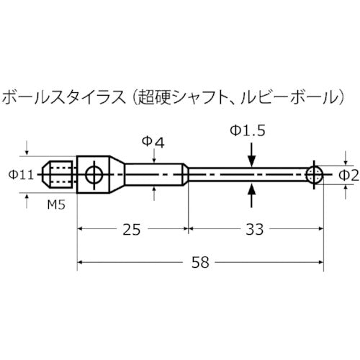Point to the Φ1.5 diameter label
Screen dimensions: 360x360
[247, 130]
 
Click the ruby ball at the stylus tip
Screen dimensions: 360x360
[313, 174]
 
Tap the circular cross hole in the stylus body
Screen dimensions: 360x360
[93, 174]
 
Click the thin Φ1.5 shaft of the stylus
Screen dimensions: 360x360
[245, 174]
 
